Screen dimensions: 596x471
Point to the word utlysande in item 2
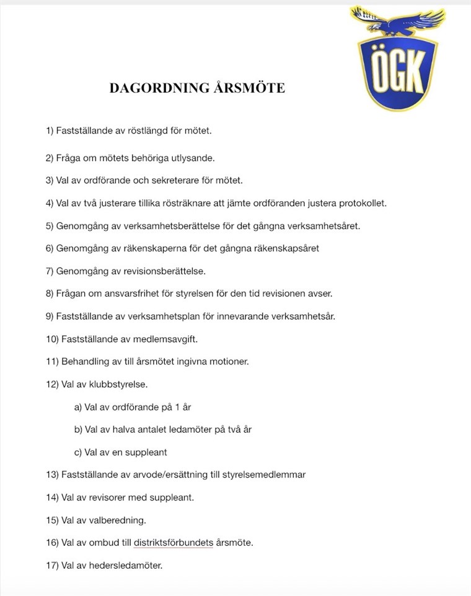[x=193, y=158]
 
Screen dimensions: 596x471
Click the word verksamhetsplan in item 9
[x=163, y=316]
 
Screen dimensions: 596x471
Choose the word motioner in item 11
[x=231, y=361]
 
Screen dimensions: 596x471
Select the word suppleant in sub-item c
[x=147, y=452]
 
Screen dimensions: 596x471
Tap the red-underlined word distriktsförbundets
[x=174, y=543]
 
